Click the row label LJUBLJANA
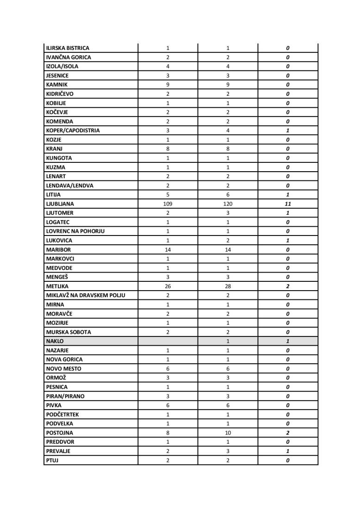point(60,204)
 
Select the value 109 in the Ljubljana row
point(168,204)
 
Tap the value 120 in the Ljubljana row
point(228,204)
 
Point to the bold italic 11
point(288,204)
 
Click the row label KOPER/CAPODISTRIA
point(73,130)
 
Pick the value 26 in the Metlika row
point(168,286)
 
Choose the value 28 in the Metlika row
point(228,286)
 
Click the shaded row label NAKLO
point(55,341)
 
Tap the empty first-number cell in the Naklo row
point(168,341)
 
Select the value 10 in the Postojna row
point(228,433)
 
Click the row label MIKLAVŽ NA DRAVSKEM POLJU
point(86,295)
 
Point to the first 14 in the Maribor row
point(168,249)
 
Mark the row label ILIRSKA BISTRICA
point(68,48)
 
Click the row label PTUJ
point(52,460)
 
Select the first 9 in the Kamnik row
point(168,85)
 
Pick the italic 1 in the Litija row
point(288,194)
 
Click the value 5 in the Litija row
point(168,194)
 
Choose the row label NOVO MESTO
point(63,368)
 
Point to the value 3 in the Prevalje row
point(228,451)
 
